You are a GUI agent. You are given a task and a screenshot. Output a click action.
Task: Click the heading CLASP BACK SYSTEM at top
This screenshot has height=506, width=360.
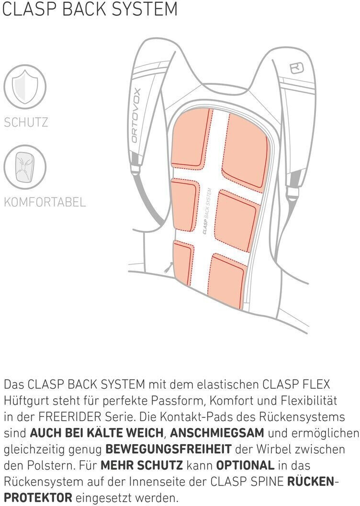[x=90, y=10]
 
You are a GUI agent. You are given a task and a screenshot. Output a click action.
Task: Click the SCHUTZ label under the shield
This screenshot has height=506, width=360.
[x=26, y=122]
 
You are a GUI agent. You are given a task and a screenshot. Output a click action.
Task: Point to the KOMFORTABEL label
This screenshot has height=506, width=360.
[x=45, y=202]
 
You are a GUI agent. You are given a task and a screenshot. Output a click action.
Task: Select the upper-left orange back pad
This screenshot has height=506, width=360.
[x=190, y=138]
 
